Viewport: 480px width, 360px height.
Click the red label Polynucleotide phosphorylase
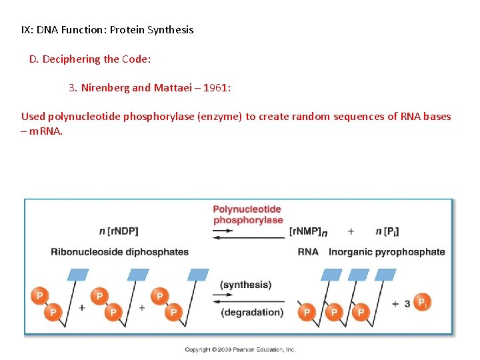tap(248, 215)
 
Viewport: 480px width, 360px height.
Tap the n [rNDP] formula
tap(119, 231)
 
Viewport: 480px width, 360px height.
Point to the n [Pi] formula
tap(387, 231)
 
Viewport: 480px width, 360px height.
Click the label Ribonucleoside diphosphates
tap(119, 252)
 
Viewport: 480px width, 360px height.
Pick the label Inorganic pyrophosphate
tap(387, 252)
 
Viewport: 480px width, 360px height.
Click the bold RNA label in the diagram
tap(308, 252)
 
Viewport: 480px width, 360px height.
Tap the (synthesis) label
tap(245, 285)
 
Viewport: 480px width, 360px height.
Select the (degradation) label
tap(251, 312)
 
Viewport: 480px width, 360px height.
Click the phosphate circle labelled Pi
tap(422, 303)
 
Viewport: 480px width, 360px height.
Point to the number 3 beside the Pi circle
tap(407, 303)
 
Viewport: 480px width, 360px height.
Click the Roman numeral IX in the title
tap(27, 29)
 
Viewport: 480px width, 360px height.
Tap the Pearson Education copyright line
tap(240, 349)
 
